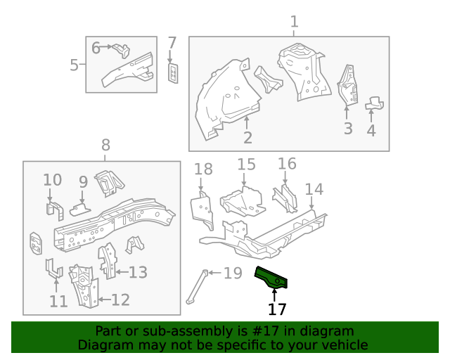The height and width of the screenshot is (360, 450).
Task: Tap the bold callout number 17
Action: coord(277,309)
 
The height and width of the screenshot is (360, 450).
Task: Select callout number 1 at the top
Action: coord(294,21)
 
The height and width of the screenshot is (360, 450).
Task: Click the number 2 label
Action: coord(247,137)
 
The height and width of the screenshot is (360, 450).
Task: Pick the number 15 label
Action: coord(246,165)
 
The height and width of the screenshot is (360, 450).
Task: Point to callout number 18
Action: coord(202,169)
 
